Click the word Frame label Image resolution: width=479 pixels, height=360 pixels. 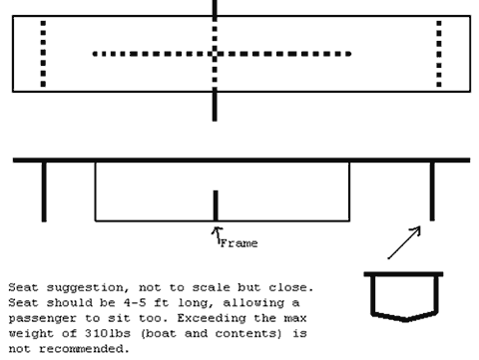[239, 243]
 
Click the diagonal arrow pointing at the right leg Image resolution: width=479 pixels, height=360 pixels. [404, 242]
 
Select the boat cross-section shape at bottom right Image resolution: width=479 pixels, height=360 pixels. [403, 297]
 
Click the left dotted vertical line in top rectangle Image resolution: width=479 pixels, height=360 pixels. [43, 54]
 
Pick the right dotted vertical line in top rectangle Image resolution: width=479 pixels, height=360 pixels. [439, 54]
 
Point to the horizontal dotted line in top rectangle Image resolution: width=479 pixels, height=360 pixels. [222, 54]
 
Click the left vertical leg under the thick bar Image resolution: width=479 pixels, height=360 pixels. [44, 191]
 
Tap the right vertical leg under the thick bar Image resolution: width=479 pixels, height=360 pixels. [432, 191]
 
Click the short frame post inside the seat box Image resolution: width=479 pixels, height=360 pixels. [216, 205]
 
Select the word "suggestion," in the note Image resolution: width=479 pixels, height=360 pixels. [88, 287]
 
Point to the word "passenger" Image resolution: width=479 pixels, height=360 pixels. [42, 318]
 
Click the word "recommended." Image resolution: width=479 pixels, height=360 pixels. [84, 349]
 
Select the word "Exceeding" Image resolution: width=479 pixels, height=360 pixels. [212, 318]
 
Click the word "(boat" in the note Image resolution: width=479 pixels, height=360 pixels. [159, 333]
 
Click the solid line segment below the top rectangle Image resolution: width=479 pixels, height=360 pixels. [215, 105]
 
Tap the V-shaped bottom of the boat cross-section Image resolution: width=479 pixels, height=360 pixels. [405, 318]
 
